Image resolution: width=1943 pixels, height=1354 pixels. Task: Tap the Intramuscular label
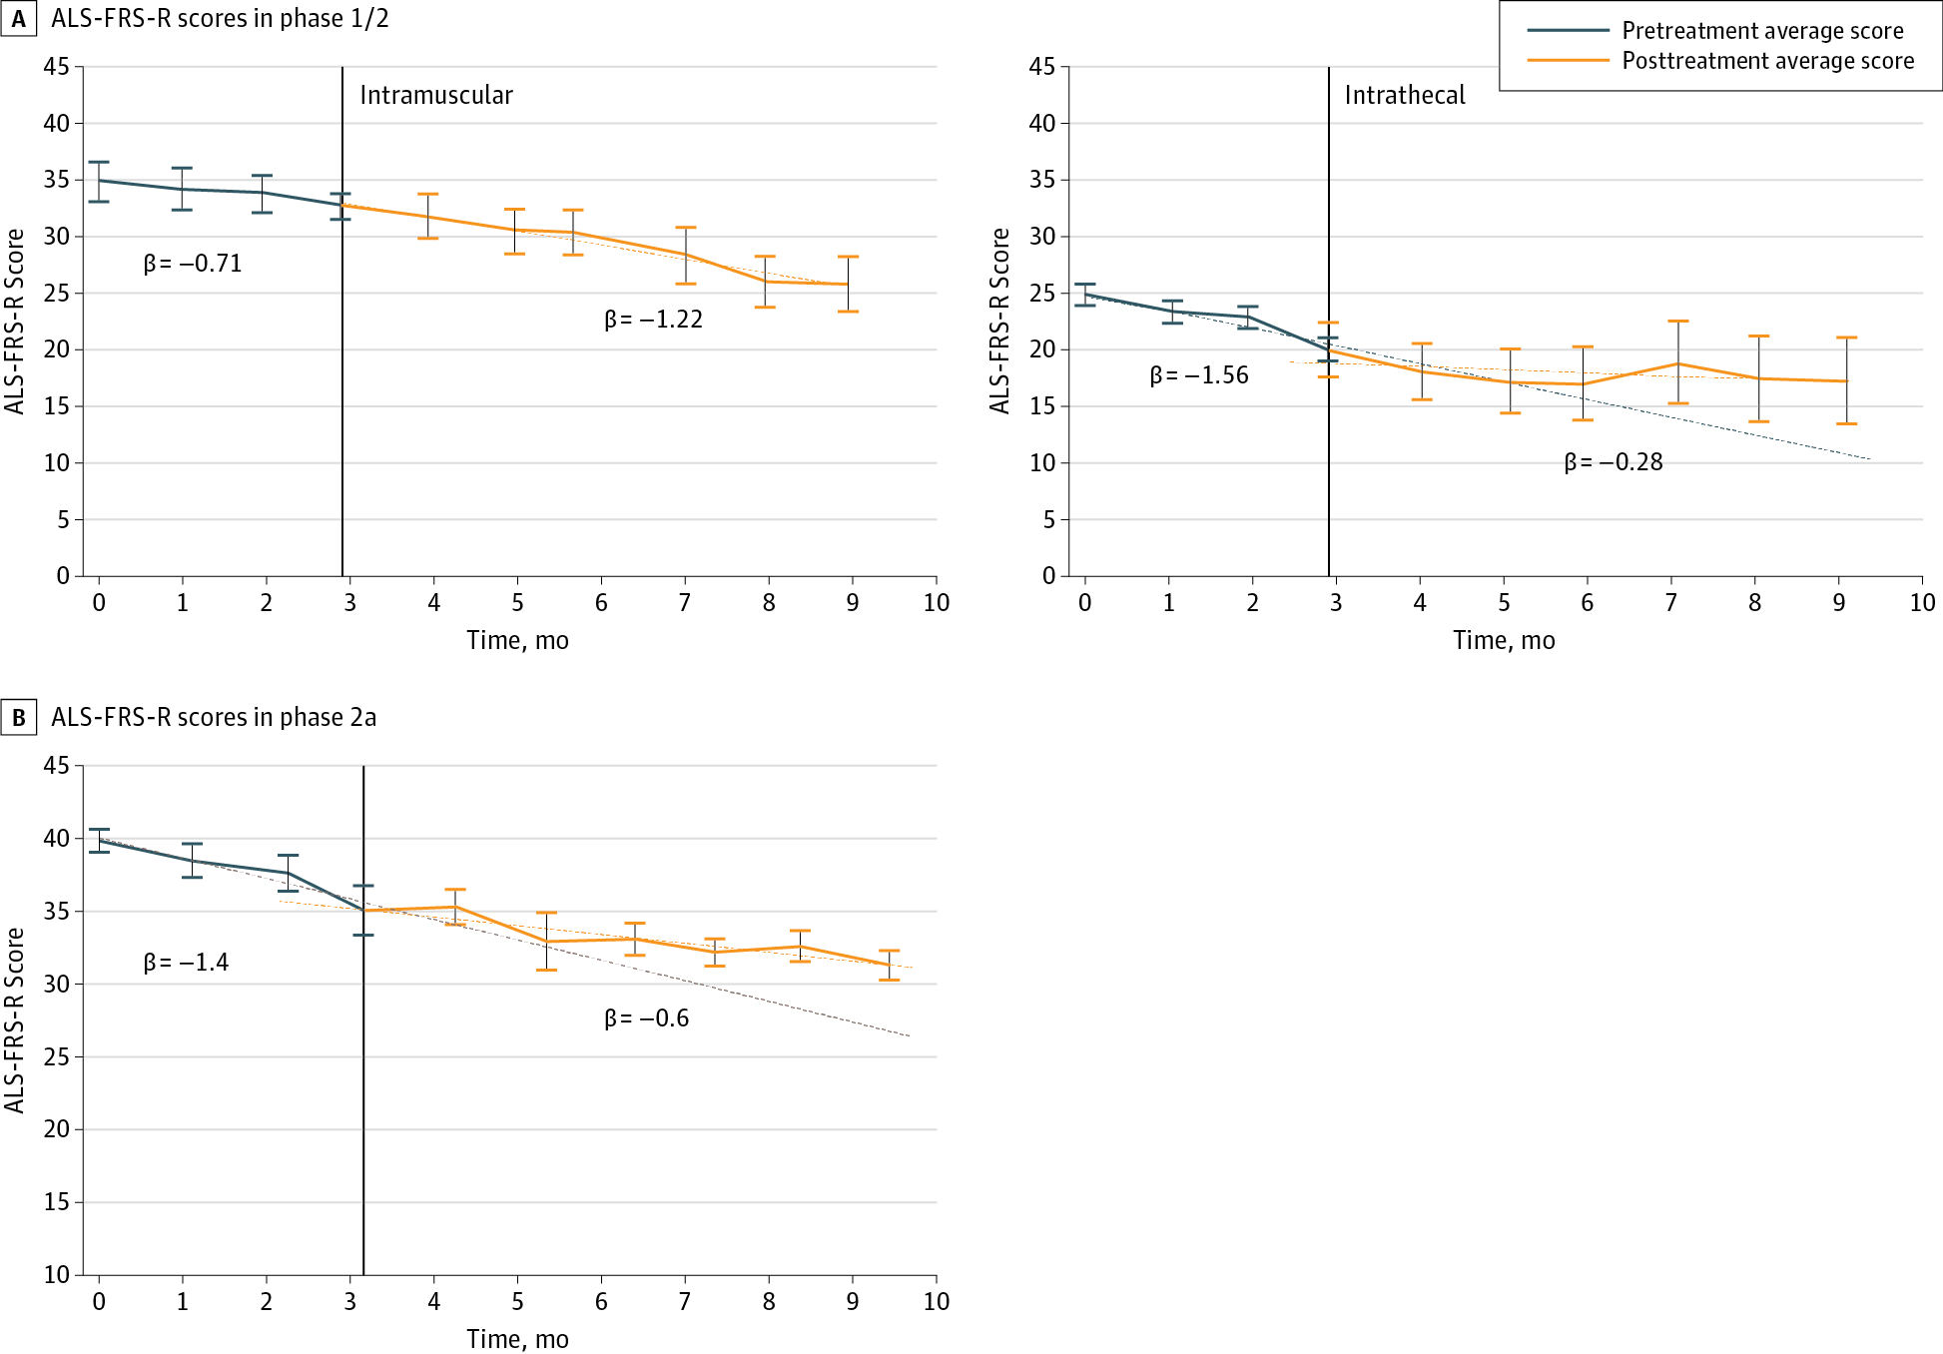click(436, 95)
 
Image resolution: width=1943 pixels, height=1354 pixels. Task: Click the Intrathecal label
click(1405, 95)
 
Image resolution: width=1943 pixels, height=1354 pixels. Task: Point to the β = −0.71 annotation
click(193, 264)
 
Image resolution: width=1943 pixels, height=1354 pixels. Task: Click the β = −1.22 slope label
click(654, 320)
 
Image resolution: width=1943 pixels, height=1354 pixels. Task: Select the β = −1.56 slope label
click(1199, 375)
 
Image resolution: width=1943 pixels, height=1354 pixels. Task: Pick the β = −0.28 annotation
click(1614, 462)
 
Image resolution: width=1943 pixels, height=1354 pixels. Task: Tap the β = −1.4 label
click(187, 963)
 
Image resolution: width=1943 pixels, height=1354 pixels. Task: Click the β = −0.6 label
click(647, 1018)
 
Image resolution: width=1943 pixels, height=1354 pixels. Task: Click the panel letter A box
click(19, 19)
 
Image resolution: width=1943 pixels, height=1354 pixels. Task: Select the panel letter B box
click(19, 718)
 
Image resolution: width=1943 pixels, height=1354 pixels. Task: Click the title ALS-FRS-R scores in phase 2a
click(214, 718)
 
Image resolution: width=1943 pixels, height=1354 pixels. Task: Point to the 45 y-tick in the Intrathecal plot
click(1041, 67)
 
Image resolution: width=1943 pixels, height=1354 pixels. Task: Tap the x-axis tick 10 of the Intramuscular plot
click(936, 603)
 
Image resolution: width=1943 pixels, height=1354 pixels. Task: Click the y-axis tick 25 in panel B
click(57, 1056)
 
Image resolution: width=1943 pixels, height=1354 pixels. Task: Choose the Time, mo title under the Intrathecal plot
click(1504, 641)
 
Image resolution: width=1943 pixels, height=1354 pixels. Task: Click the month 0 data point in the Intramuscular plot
click(99, 181)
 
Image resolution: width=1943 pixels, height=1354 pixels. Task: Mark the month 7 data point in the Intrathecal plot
click(1678, 363)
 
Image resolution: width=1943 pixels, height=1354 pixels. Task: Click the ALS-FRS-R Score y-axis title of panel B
click(15, 1019)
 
